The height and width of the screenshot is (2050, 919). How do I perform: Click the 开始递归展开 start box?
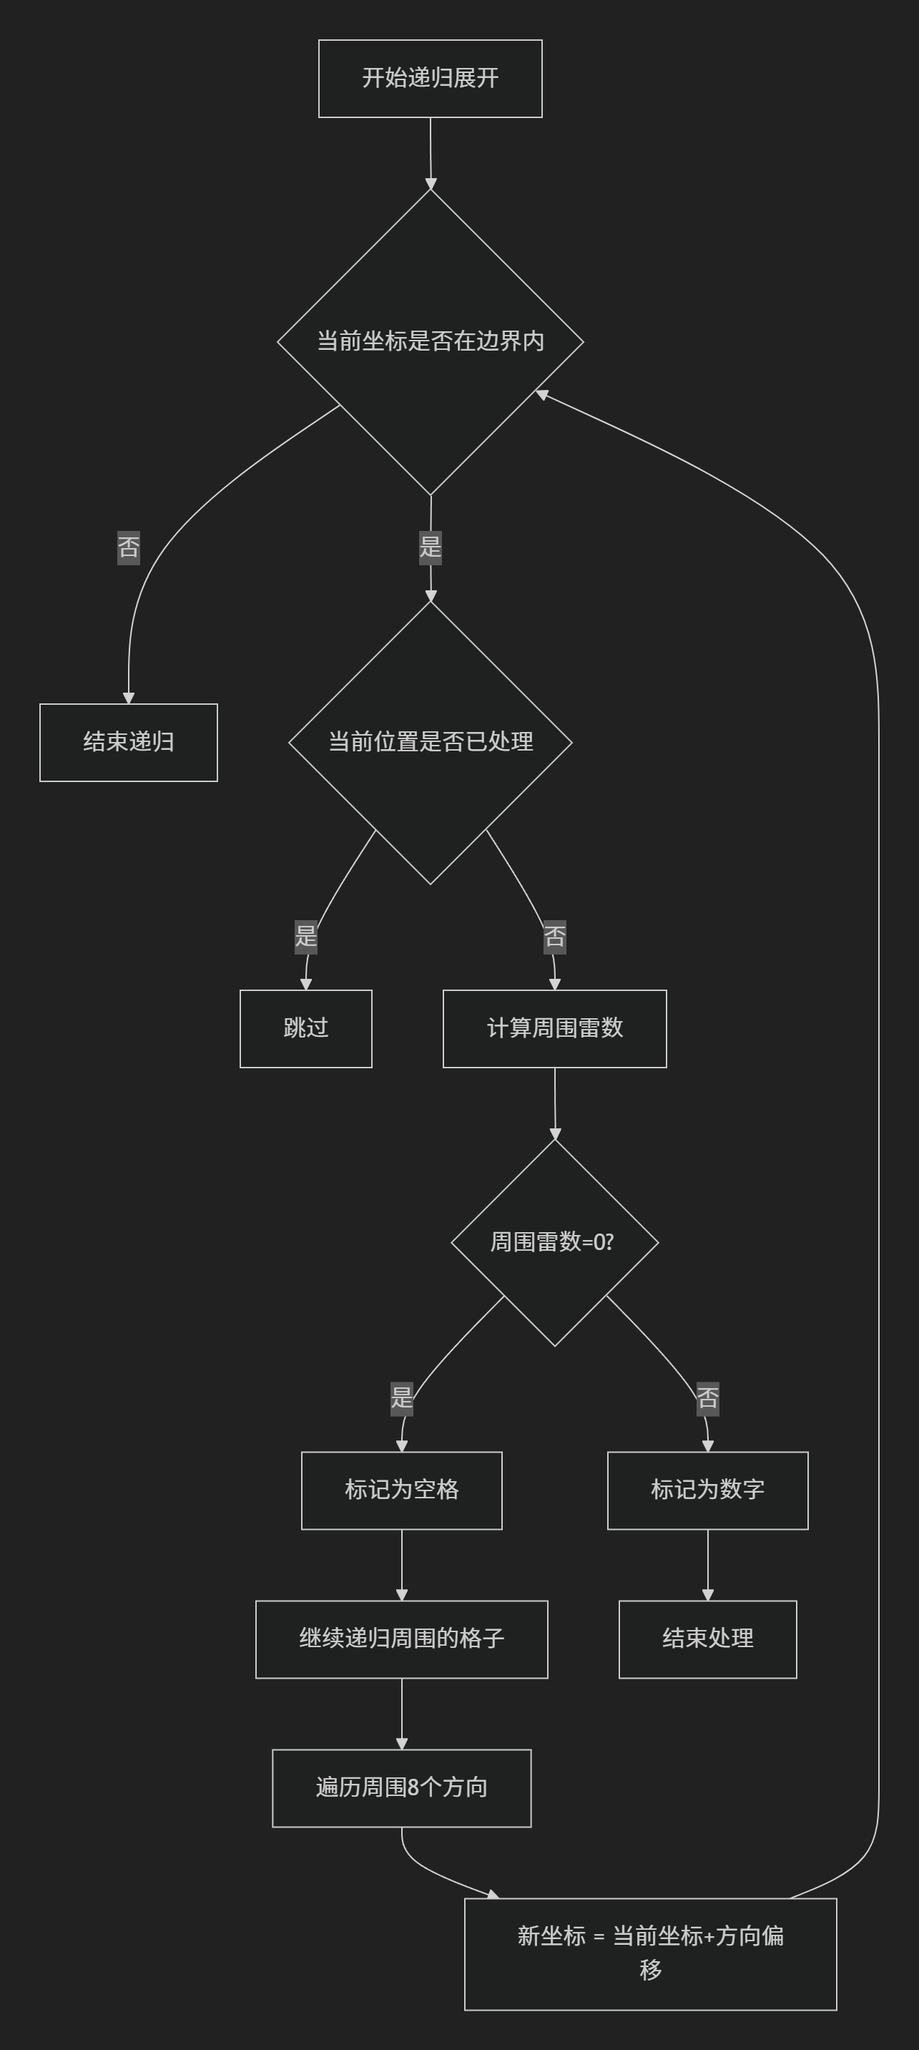pyautogui.click(x=430, y=78)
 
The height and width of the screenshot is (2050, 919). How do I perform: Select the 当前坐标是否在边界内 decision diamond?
pyautogui.click(x=430, y=341)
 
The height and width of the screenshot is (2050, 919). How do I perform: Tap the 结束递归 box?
pyautogui.click(x=128, y=742)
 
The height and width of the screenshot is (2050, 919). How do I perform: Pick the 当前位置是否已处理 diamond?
pyautogui.click(x=430, y=742)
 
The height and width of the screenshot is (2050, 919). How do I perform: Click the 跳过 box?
pyautogui.click(x=305, y=1028)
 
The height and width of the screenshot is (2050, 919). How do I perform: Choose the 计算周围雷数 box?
pyautogui.click(x=554, y=1028)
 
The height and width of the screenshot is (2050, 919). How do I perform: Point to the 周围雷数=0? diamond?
pyautogui.click(x=554, y=1242)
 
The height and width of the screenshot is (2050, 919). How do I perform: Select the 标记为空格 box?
pyautogui.click(x=401, y=1490)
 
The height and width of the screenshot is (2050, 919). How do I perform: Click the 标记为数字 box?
pyautogui.click(x=707, y=1490)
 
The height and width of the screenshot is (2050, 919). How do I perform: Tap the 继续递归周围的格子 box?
pyautogui.click(x=401, y=1639)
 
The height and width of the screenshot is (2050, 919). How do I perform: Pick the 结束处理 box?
pyautogui.click(x=707, y=1639)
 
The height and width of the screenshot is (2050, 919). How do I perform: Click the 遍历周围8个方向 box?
pyautogui.click(x=401, y=1787)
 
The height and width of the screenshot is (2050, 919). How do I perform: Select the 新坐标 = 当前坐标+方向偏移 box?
pyautogui.click(x=650, y=1953)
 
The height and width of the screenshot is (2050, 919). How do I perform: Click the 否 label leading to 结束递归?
pyautogui.click(x=128, y=547)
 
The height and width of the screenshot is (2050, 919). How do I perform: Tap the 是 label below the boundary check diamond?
pyautogui.click(x=430, y=547)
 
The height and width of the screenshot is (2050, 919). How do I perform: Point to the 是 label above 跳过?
pyautogui.click(x=305, y=936)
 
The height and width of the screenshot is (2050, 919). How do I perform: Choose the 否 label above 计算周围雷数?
pyautogui.click(x=554, y=937)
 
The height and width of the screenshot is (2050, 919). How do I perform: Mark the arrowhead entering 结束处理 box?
pyautogui.click(x=707, y=1595)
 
